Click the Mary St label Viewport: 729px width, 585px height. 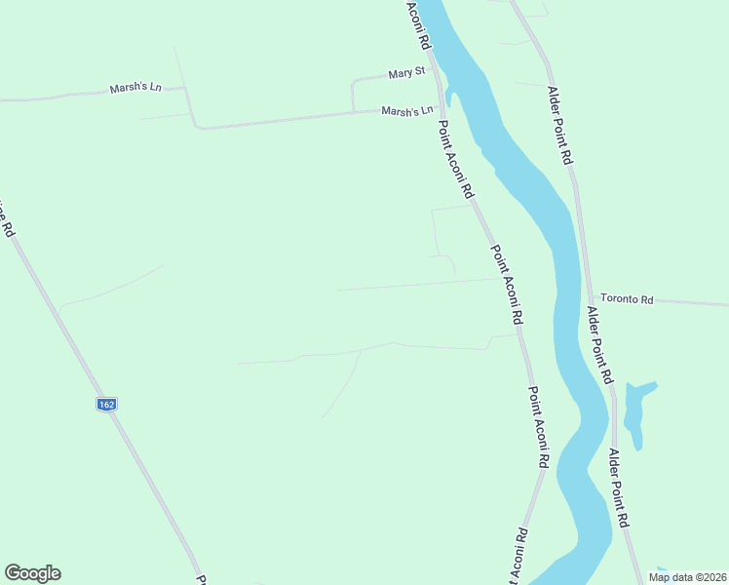point(406,73)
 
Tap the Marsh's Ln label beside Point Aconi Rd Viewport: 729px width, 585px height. point(406,111)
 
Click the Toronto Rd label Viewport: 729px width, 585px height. point(626,299)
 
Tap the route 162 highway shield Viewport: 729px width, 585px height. point(107,403)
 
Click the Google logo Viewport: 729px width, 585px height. point(32,573)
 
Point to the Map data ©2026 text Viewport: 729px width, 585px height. point(687,577)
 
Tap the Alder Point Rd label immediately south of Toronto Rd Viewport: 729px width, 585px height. point(598,344)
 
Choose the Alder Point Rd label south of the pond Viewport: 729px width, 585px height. point(620,487)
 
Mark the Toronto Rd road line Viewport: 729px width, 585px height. point(682,302)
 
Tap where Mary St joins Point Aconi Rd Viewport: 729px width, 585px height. point(435,70)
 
